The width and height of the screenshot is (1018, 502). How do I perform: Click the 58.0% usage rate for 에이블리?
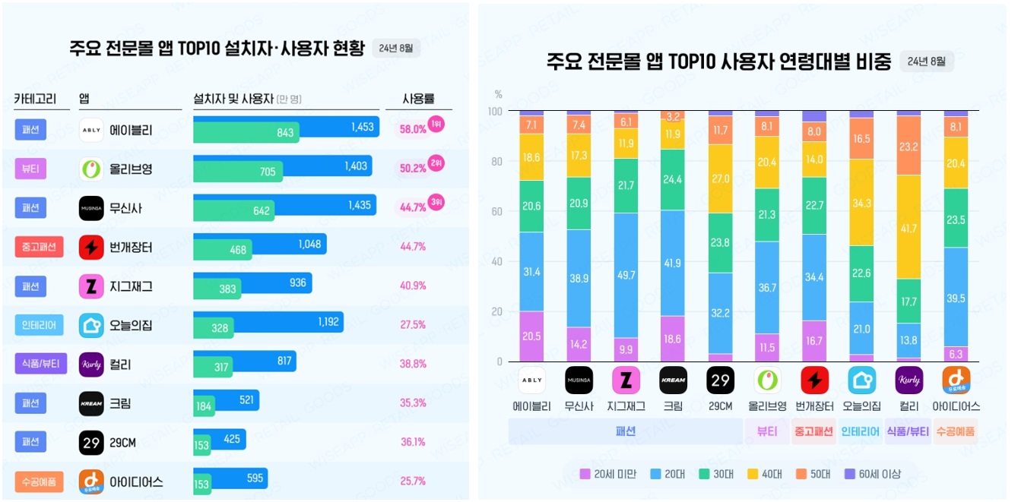pyautogui.click(x=413, y=130)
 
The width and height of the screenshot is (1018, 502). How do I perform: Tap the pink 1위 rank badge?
pyautogui.click(x=436, y=123)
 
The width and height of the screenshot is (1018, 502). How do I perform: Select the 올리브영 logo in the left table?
pyautogui.click(x=91, y=169)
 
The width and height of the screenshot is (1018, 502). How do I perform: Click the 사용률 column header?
pyautogui.click(x=417, y=99)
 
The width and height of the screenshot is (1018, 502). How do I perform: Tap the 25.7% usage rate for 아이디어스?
pyautogui.click(x=413, y=481)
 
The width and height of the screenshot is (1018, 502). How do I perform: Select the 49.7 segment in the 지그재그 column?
pyautogui.click(x=626, y=276)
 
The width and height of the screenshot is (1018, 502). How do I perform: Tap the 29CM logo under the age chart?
pyautogui.click(x=720, y=380)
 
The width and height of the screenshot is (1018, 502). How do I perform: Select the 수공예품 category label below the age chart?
pyautogui.click(x=956, y=431)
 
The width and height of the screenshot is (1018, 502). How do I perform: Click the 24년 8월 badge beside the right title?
pyautogui.click(x=926, y=62)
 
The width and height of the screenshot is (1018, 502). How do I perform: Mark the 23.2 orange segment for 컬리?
pyautogui.click(x=909, y=146)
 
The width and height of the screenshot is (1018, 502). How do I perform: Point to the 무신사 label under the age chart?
pyautogui.click(x=579, y=406)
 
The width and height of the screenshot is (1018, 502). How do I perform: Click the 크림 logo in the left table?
pyautogui.click(x=91, y=403)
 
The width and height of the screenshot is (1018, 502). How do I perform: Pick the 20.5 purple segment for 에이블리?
pyautogui.click(x=531, y=336)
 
